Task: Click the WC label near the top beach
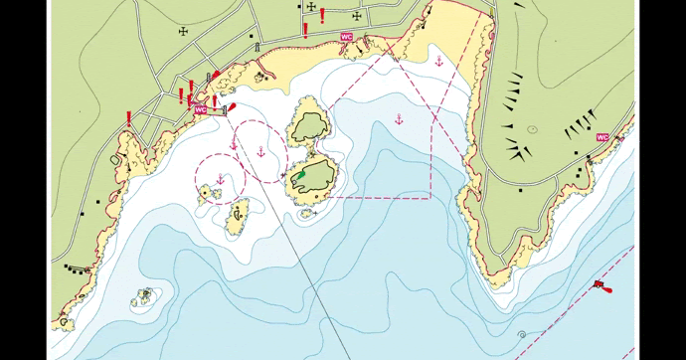[346, 37]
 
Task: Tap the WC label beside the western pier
[201, 110]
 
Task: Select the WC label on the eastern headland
[601, 137]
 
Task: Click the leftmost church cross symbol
[183, 31]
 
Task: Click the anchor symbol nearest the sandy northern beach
[435, 61]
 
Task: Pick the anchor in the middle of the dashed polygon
[399, 119]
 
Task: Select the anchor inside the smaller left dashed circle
[221, 179]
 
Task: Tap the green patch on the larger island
[298, 176]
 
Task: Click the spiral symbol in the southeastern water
[522, 335]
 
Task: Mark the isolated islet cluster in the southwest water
[145, 296]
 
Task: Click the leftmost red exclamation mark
[129, 119]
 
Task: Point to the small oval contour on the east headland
[532, 129]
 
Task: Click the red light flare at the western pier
[232, 106]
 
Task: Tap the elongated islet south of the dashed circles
[238, 218]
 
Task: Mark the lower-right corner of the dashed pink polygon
[430, 198]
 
